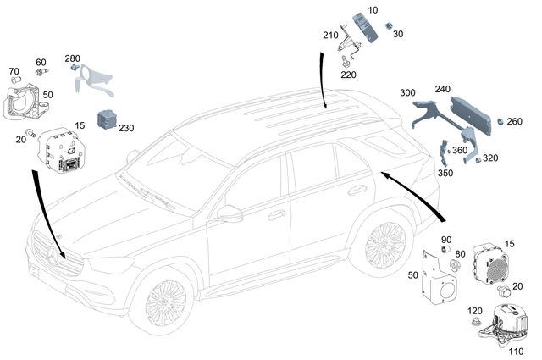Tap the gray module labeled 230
point(108,119)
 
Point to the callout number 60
point(41,63)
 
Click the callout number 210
point(329,36)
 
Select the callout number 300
point(408,91)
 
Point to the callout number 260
point(514,121)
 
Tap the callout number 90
point(446,241)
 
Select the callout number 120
point(475,312)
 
